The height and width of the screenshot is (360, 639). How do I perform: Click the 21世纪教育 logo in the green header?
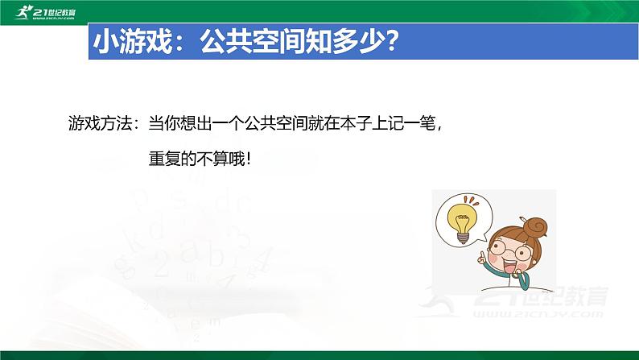tap(45, 12)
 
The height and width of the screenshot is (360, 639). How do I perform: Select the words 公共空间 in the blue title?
tap(251, 41)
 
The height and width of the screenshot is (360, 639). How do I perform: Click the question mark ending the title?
tap(390, 41)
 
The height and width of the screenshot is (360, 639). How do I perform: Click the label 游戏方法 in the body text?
tap(101, 123)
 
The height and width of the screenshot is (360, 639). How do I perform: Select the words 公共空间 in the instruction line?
tap(276, 123)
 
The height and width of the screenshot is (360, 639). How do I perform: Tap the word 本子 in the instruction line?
tap(356, 123)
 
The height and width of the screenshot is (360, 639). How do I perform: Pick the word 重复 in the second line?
tap(164, 159)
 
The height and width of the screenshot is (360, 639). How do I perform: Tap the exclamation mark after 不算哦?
tap(249, 159)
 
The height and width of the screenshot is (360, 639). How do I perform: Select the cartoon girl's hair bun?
tap(534, 227)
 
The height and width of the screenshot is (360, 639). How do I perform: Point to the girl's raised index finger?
tap(483, 257)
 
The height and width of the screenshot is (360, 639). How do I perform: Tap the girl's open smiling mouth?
tap(508, 268)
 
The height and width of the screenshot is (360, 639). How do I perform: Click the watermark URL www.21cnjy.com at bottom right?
tap(538, 314)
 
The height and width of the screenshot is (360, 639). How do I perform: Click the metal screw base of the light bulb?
tap(463, 238)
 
